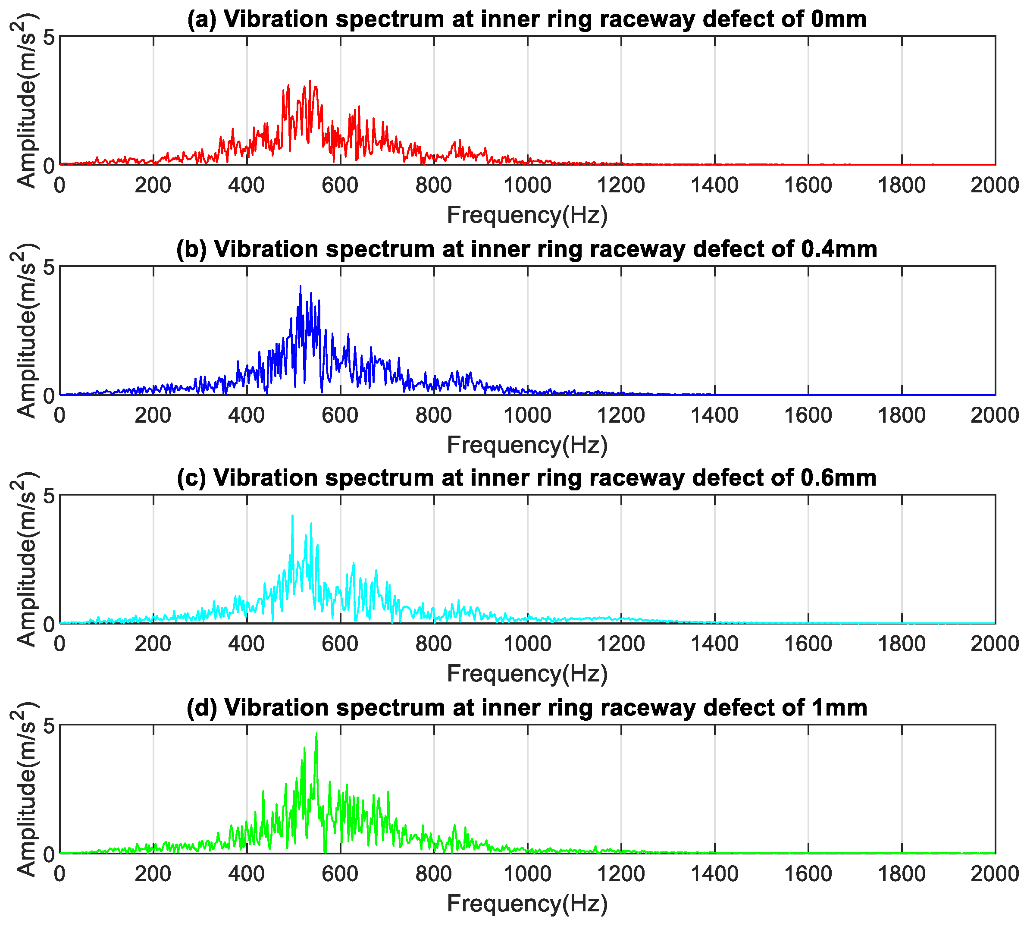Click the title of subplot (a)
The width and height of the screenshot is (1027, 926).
[x=526, y=19]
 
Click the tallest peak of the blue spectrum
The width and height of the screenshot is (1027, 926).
[x=300, y=286]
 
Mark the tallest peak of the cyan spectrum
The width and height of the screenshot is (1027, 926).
[x=292, y=515]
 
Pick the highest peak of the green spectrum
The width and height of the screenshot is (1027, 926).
[x=316, y=734]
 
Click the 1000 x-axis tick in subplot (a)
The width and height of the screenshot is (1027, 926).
[x=527, y=185]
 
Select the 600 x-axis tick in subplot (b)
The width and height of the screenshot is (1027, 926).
[x=340, y=415]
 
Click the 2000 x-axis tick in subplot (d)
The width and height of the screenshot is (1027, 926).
[x=994, y=874]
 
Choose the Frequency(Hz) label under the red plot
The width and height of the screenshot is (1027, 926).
[x=527, y=215]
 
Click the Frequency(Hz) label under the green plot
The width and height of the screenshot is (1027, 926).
[x=527, y=904]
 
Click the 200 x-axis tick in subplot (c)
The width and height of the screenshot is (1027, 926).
[x=153, y=644]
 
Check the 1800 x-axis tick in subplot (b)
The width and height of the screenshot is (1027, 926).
[x=902, y=415]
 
